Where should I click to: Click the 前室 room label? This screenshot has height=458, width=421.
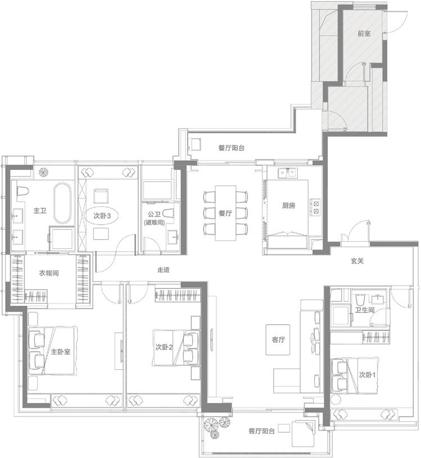point(364,34)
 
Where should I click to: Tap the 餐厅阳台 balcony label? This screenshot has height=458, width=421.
point(231,148)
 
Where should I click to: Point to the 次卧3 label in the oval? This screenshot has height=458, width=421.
point(102,216)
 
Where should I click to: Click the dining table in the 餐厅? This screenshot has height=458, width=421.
point(225,213)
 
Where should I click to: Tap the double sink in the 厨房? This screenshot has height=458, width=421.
point(287,173)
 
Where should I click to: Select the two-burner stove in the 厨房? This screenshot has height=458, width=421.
point(315,207)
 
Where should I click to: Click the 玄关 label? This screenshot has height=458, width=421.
point(357,261)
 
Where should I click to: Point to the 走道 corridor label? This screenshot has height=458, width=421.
point(164,270)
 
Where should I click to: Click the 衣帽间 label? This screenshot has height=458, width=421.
point(49,273)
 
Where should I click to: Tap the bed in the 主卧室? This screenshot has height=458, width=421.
point(53,351)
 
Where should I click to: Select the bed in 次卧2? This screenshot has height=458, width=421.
point(176,348)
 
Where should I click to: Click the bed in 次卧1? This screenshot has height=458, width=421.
point(355,374)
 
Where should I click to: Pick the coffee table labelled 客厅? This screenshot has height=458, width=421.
point(278,339)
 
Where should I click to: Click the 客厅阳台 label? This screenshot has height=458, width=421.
point(261,431)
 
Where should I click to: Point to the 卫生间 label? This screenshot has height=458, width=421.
point(365,310)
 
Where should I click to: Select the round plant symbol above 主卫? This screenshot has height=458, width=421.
point(43,172)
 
